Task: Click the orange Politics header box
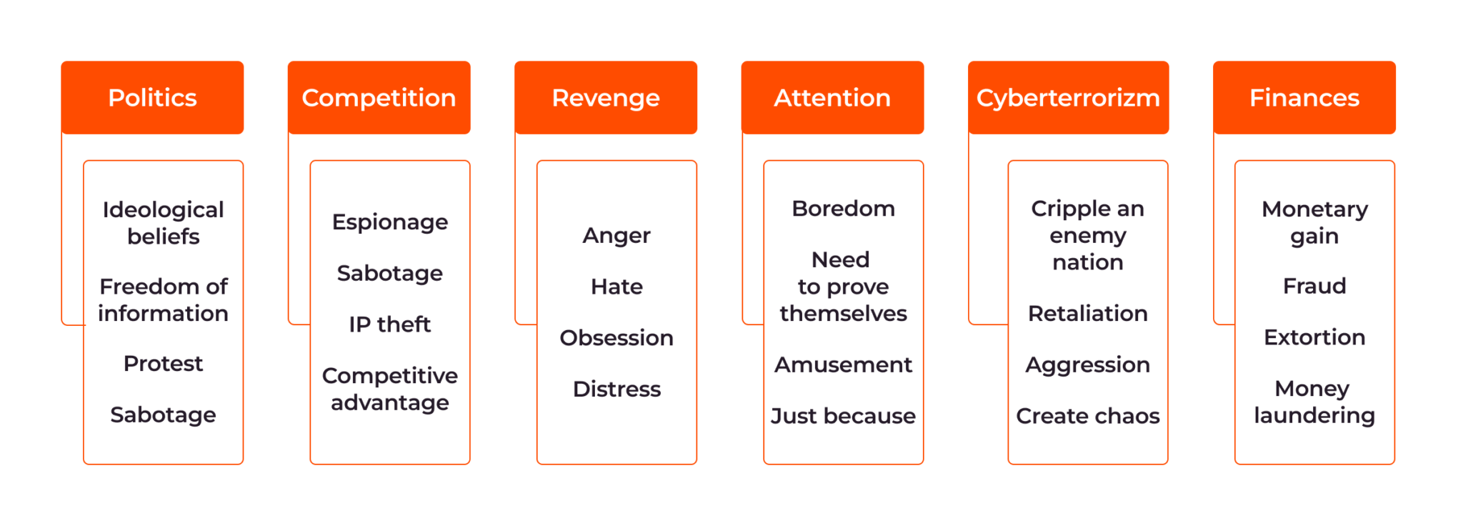(152, 98)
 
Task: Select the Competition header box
(379, 98)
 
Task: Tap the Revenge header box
(606, 98)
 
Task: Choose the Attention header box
(832, 98)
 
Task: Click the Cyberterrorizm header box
(1068, 98)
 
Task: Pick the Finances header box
(1304, 98)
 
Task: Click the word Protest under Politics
(163, 364)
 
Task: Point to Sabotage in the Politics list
(163, 415)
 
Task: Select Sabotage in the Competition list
(390, 274)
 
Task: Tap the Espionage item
(390, 222)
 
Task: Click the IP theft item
(390, 324)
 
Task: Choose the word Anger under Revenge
(616, 236)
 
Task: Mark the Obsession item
(616, 338)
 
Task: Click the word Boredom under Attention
(843, 209)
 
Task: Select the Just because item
(843, 416)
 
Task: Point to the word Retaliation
(1087, 314)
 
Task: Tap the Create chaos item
(1087, 416)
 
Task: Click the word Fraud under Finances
(1314, 286)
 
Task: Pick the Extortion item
(1314, 337)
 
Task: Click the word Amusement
(843, 365)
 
